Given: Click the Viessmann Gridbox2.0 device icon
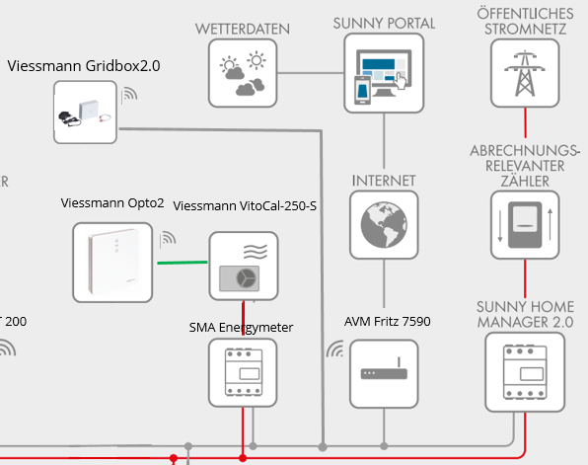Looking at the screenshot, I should pyautogui.click(x=85, y=112).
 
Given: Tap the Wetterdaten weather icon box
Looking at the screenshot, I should pyautogui.click(x=243, y=75).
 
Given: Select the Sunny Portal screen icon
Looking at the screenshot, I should pyautogui.click(x=384, y=75).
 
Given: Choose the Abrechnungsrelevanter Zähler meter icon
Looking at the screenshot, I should pyautogui.click(x=524, y=225).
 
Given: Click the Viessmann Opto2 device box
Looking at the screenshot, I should pyautogui.click(x=112, y=262).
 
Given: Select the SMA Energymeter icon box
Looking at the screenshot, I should pyautogui.click(x=243, y=371).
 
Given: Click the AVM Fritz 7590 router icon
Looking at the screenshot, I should pyautogui.click(x=384, y=373).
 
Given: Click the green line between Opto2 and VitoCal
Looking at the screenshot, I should pyautogui.click(x=181, y=263).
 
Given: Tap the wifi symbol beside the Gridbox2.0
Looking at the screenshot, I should pyautogui.click(x=130, y=95).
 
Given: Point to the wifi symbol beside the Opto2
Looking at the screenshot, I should pyautogui.click(x=168, y=238).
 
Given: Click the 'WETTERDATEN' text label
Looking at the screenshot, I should pyautogui.click(x=243, y=30).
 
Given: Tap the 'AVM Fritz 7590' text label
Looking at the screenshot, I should pyautogui.click(x=388, y=323).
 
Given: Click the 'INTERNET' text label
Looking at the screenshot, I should pyautogui.click(x=384, y=181).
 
